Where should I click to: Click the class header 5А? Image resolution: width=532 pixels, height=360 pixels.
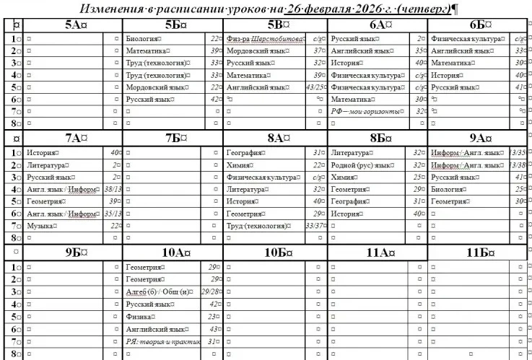coord(73,25)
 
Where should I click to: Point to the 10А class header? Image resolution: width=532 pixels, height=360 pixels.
coord(173,252)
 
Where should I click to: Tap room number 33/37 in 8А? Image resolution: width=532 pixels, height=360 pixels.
coord(315,226)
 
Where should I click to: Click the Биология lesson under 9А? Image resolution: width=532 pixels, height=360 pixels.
coord(448,190)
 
